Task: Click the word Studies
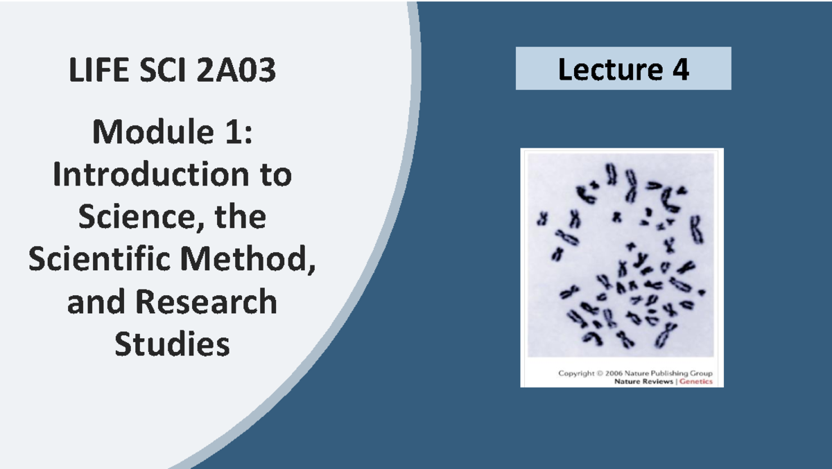click(172, 344)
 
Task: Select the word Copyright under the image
click(577, 373)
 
